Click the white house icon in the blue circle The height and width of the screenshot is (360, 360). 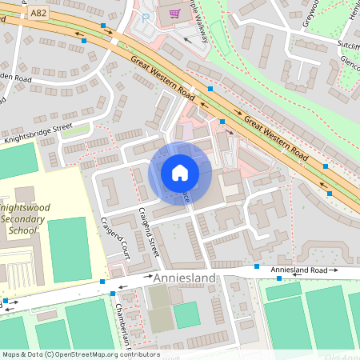tap(180, 173)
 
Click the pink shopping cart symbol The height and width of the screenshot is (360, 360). tap(174, 13)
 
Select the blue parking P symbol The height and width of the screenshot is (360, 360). tap(146, 17)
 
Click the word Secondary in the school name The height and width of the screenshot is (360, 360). tap(24, 218)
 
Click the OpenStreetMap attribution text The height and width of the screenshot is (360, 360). tap(80, 354)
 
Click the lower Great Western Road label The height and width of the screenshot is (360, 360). tap(276, 135)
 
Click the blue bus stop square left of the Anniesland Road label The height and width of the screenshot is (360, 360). tap(257, 266)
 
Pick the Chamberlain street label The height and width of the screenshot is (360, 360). tap(119, 328)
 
